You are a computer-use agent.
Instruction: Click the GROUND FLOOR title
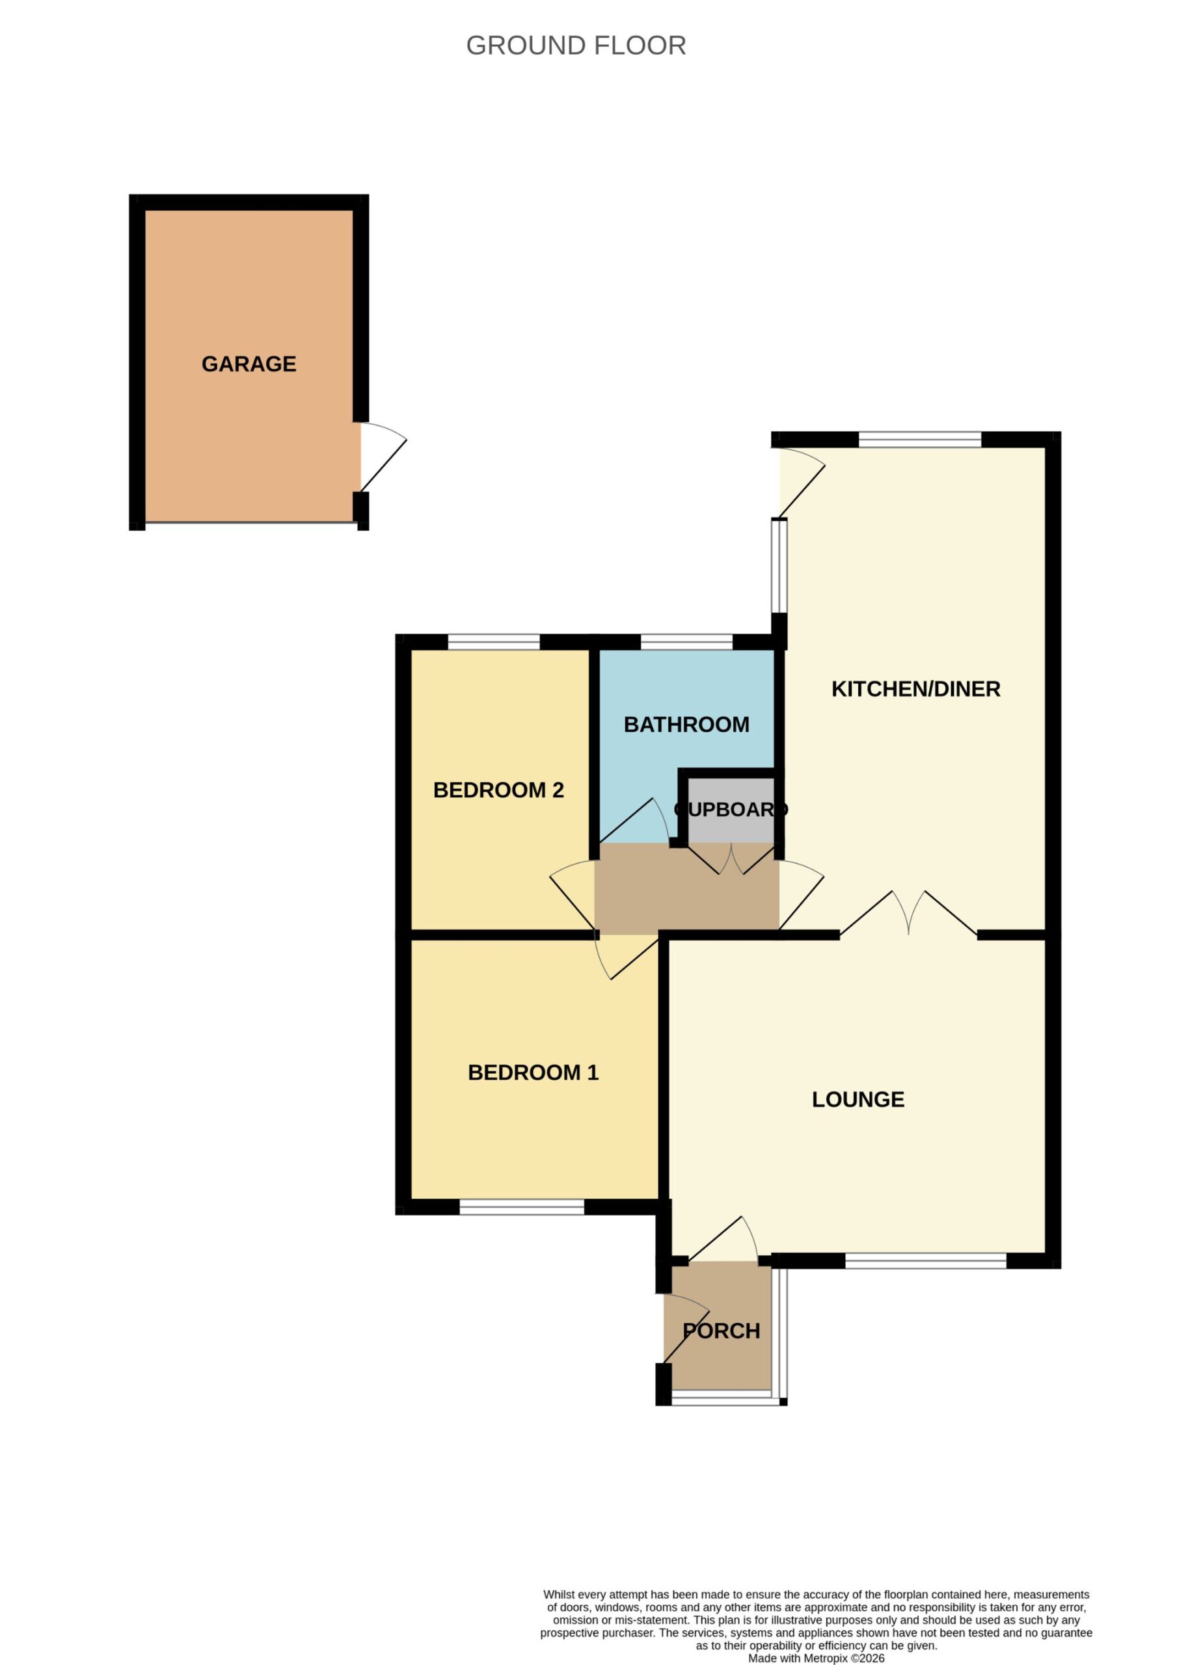(576, 46)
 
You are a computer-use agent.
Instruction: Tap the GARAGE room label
(249, 364)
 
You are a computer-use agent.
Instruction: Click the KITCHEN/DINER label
(916, 689)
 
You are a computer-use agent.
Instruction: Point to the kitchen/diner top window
(919, 440)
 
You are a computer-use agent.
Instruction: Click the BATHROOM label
(686, 725)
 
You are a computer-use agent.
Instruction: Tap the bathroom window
(686, 643)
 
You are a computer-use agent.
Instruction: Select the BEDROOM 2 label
(498, 790)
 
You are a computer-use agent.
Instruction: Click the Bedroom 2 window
(494, 643)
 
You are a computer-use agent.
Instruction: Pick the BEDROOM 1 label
(534, 1073)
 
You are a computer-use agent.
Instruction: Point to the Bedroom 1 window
(522, 1207)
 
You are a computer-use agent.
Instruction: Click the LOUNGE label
(858, 1100)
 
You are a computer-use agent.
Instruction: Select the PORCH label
(721, 1331)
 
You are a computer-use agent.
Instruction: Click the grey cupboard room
(731, 810)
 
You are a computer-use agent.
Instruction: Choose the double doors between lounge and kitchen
(909, 913)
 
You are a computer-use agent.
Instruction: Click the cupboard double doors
(731, 859)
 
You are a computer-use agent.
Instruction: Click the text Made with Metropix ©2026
(817, 1638)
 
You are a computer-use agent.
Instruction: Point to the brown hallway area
(686, 888)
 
